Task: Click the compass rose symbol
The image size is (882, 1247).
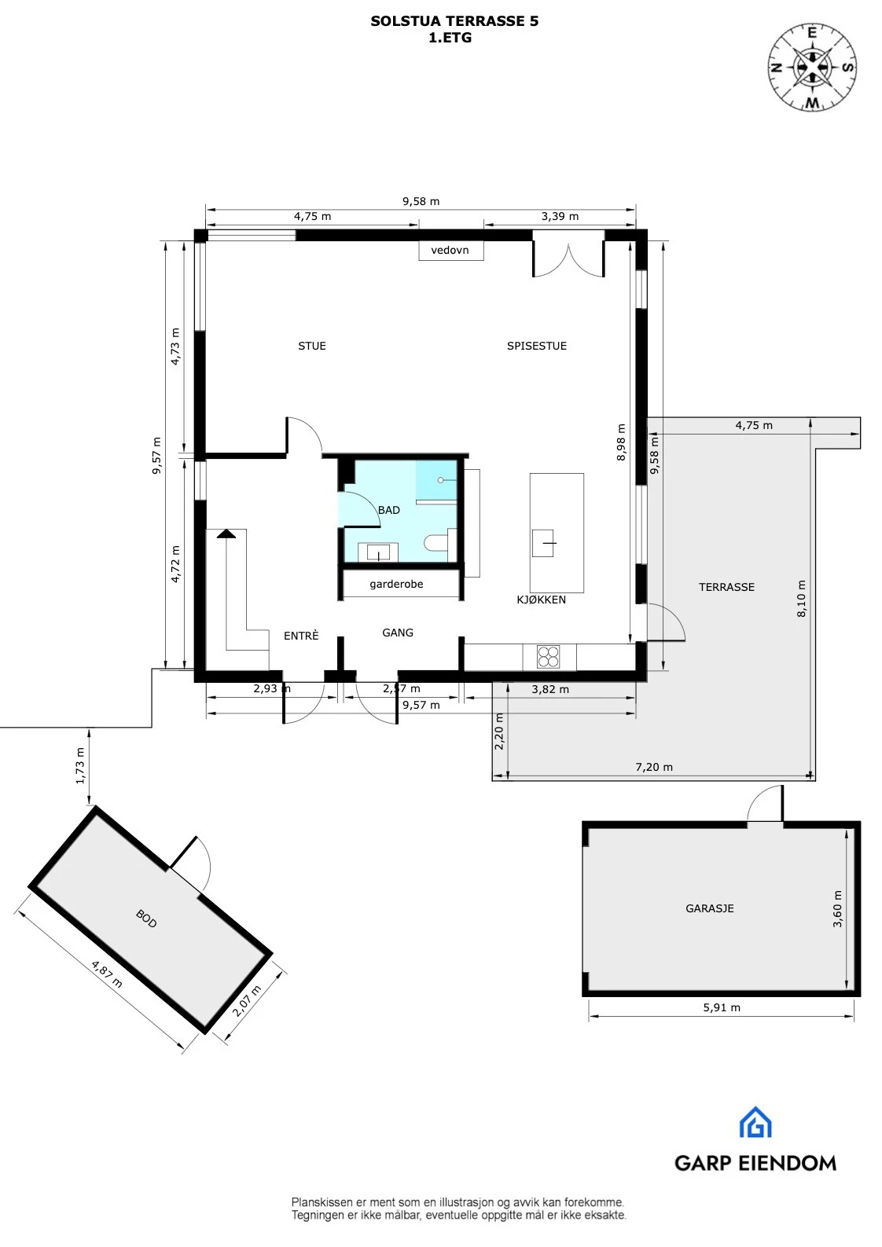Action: pyautogui.click(x=812, y=68)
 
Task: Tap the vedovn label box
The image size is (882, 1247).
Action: pyautogui.click(x=450, y=250)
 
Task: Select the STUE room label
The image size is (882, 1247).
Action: pyautogui.click(x=311, y=346)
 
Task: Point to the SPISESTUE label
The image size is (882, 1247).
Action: pyautogui.click(x=536, y=346)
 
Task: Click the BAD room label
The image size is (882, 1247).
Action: pyautogui.click(x=388, y=510)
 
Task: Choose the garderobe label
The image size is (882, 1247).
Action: pyautogui.click(x=396, y=584)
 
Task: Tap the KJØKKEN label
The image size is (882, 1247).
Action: pyautogui.click(x=541, y=600)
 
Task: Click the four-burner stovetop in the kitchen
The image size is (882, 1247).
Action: pyautogui.click(x=548, y=656)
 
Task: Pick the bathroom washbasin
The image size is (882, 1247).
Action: pyautogui.click(x=378, y=552)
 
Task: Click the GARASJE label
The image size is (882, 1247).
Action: pyautogui.click(x=709, y=908)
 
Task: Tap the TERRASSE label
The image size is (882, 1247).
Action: pyautogui.click(x=726, y=587)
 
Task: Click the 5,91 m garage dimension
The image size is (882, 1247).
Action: pyautogui.click(x=721, y=1007)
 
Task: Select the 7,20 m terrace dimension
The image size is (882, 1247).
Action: pyautogui.click(x=654, y=767)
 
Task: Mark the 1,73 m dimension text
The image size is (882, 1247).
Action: pyautogui.click(x=80, y=766)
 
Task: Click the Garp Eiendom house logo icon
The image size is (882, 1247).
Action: pyautogui.click(x=755, y=1123)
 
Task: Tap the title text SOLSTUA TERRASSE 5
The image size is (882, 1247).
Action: pyautogui.click(x=454, y=21)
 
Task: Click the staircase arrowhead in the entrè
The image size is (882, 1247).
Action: pyautogui.click(x=226, y=534)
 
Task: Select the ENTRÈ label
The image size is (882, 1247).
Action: pyautogui.click(x=301, y=636)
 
